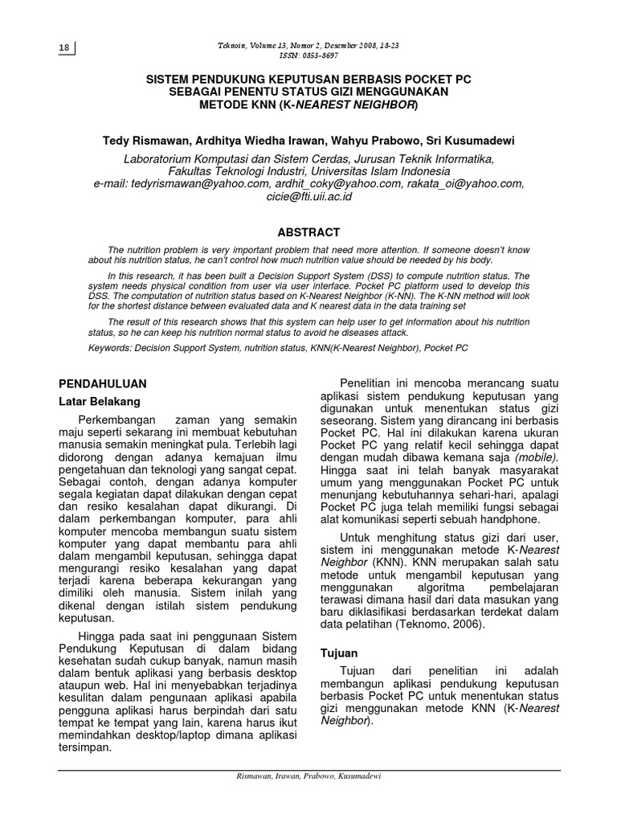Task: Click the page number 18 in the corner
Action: click(64, 48)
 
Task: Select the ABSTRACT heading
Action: click(308, 231)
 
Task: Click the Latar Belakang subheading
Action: click(100, 400)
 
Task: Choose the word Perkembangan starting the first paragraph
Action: click(116, 420)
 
